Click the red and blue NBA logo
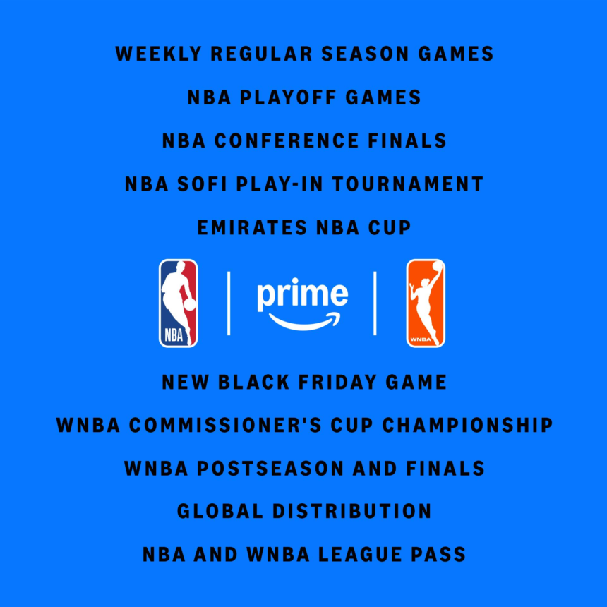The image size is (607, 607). pyautogui.click(x=178, y=303)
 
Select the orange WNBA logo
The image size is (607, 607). pyautogui.click(x=426, y=303)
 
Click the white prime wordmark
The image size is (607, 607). pyautogui.click(x=302, y=295)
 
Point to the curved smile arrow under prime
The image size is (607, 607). pyautogui.click(x=303, y=323)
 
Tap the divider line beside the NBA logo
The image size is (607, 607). pyautogui.click(x=229, y=303)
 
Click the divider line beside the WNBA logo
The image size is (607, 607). pyautogui.click(x=375, y=303)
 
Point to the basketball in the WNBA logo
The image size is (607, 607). pyautogui.click(x=438, y=266)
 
